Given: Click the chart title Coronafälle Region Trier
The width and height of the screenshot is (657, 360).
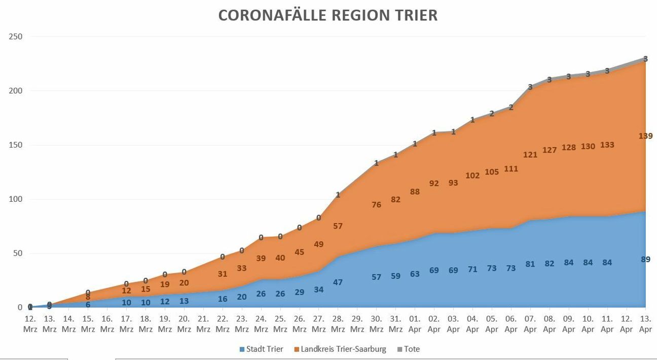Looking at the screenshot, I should [x=328, y=15].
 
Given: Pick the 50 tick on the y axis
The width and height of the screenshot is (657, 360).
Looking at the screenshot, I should [x=18, y=253].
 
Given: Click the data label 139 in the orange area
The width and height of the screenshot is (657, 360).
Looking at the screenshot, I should [x=645, y=136].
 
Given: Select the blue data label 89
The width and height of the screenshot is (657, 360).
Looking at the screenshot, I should [x=645, y=259].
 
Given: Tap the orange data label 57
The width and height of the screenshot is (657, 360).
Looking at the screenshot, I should [x=338, y=226].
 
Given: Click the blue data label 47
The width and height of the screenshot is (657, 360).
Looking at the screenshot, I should [x=338, y=282].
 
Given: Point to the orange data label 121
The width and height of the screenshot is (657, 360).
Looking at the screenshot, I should [x=530, y=155].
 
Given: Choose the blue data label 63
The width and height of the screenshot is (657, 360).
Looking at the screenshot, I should [x=415, y=274].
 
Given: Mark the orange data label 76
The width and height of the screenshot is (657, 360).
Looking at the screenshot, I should [x=376, y=205].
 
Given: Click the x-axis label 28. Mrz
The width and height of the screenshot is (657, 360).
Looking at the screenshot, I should [x=338, y=324].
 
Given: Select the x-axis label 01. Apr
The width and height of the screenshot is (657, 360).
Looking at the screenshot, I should [x=415, y=324].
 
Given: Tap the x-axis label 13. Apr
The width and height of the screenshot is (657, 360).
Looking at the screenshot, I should [x=645, y=324].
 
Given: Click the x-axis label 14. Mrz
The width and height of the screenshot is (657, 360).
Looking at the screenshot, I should [x=68, y=324].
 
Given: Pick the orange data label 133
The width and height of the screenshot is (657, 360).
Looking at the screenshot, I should [x=607, y=145].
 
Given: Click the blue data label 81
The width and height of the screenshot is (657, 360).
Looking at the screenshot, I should [x=530, y=264].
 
